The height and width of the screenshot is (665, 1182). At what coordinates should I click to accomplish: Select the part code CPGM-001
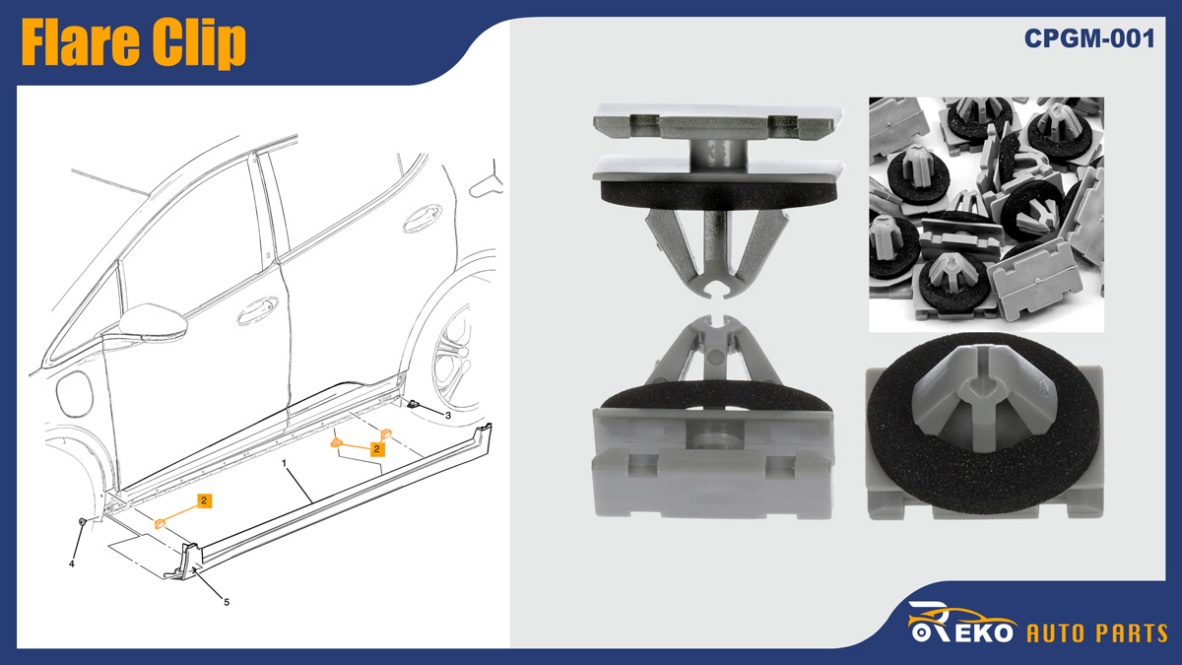click(x=1089, y=38)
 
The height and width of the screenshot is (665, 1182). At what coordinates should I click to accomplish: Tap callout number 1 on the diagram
click(x=284, y=463)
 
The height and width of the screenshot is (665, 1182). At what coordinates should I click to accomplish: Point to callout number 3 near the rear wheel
click(x=448, y=416)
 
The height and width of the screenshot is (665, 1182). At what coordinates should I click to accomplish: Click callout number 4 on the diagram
click(x=72, y=564)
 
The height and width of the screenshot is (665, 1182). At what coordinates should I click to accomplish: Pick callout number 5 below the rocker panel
click(x=227, y=602)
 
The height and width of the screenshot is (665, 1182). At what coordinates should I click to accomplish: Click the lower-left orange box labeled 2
click(x=205, y=500)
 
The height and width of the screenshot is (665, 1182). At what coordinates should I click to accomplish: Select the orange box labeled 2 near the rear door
click(x=376, y=449)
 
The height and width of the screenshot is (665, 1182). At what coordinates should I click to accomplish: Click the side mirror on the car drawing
click(x=153, y=322)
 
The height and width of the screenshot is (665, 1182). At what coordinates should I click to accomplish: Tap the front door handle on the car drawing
click(x=257, y=311)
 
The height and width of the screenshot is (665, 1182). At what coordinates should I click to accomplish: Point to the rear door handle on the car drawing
click(x=423, y=218)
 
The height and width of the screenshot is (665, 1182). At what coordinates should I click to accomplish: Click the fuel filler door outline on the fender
click(x=75, y=394)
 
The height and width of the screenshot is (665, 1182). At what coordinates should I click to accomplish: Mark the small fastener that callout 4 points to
click(x=83, y=521)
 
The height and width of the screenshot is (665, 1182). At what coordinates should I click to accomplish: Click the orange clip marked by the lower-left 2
click(x=160, y=523)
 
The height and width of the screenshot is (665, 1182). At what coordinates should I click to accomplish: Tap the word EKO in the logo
click(x=984, y=632)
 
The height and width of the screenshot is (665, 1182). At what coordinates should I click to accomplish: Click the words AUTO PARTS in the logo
click(x=1097, y=633)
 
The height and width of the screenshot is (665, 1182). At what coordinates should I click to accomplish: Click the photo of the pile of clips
click(x=986, y=215)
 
